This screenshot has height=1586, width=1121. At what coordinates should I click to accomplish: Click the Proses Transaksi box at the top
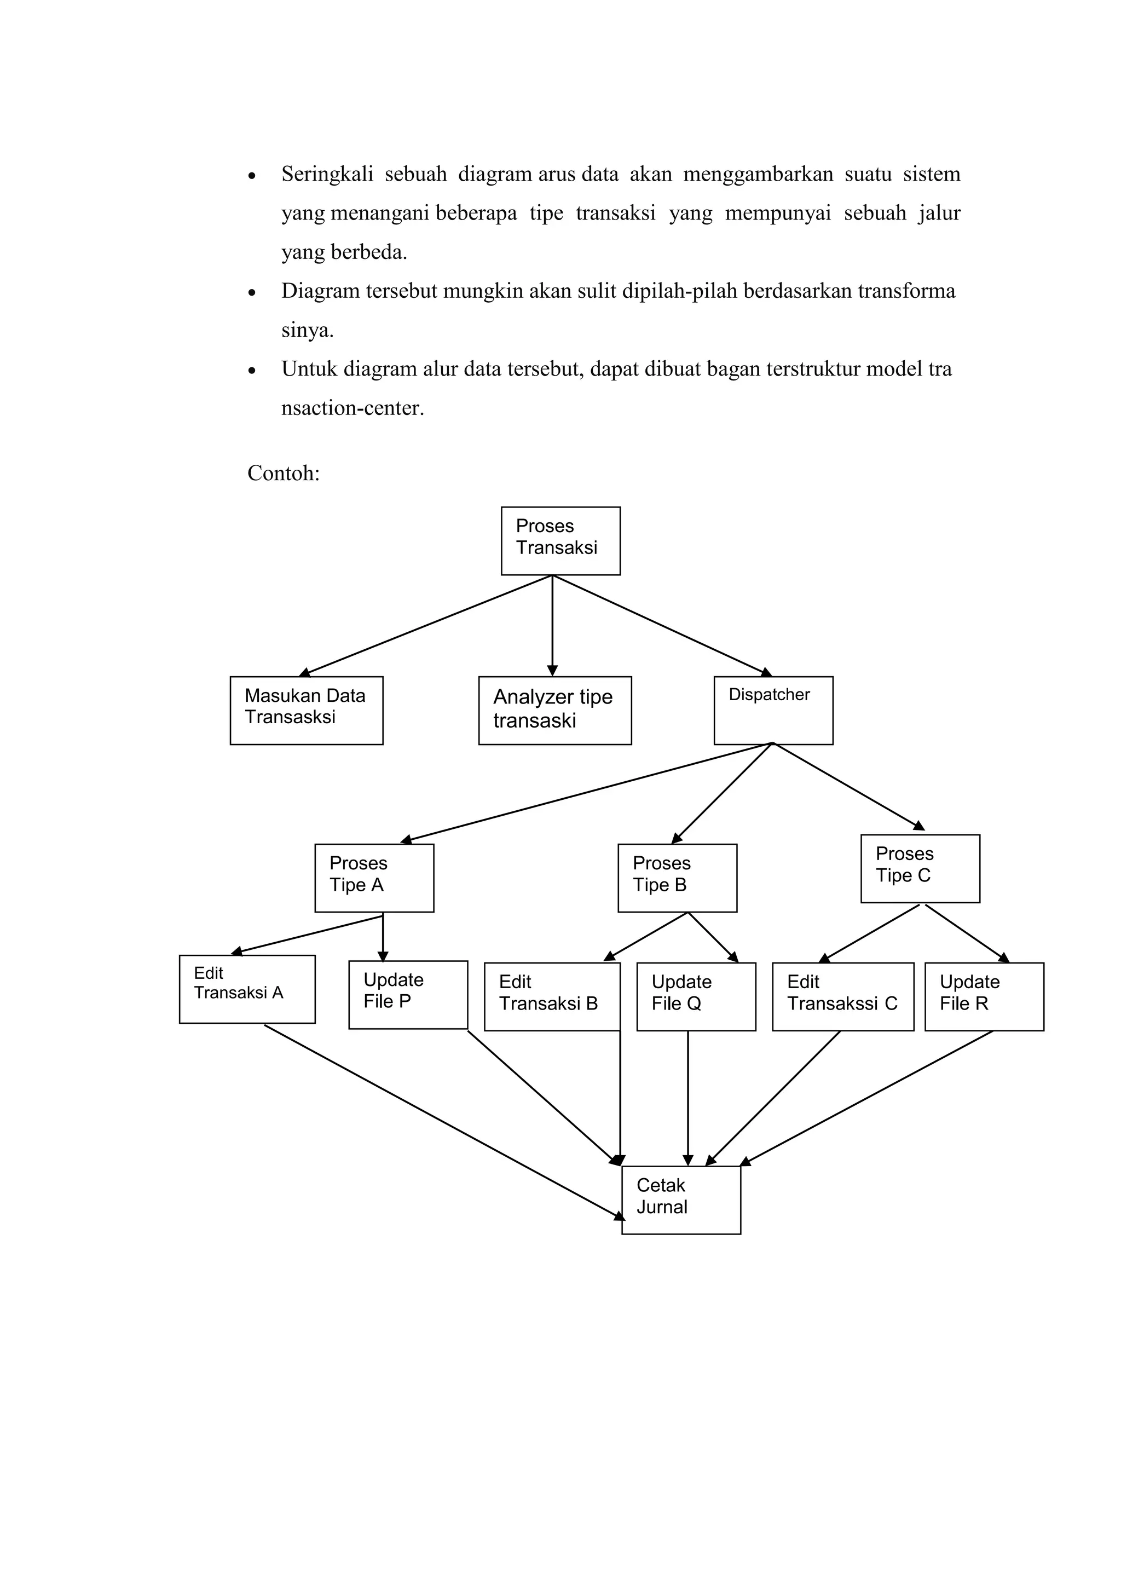pyautogui.click(x=560, y=540)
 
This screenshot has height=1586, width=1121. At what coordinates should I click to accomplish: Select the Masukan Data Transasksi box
pyautogui.click(x=306, y=710)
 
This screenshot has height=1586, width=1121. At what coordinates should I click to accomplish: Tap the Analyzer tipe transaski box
pyautogui.click(x=554, y=710)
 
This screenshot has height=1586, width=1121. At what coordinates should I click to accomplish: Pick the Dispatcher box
pyautogui.click(x=773, y=710)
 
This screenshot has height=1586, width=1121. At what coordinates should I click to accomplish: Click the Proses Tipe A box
pyautogui.click(x=374, y=877)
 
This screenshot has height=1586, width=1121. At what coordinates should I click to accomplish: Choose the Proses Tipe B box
pyautogui.click(x=677, y=877)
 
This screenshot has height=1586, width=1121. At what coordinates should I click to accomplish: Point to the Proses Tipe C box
pyautogui.click(x=920, y=868)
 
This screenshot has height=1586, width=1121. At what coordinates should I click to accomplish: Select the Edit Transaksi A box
pyautogui.click(x=246, y=989)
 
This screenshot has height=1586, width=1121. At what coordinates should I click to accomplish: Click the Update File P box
pyautogui.click(x=407, y=995)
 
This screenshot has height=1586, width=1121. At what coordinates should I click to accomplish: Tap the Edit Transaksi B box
pyautogui.click(x=552, y=997)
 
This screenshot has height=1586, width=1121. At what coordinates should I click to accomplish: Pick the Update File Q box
pyautogui.click(x=696, y=997)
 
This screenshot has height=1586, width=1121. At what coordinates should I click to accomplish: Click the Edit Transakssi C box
pyautogui.click(x=842, y=997)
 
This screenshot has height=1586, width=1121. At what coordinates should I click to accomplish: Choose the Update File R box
pyautogui.click(x=984, y=997)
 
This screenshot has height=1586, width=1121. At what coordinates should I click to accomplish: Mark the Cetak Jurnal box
pyautogui.click(x=680, y=1200)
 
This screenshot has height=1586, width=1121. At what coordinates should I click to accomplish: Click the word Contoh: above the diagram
pyautogui.click(x=283, y=473)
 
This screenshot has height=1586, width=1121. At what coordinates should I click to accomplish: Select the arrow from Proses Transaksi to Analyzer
pyautogui.click(x=552, y=625)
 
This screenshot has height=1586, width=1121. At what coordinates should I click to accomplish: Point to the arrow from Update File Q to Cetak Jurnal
pyautogui.click(x=687, y=1098)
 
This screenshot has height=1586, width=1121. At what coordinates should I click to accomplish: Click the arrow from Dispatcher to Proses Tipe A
pyautogui.click(x=587, y=792)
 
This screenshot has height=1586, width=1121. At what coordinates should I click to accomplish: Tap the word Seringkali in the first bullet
pyautogui.click(x=327, y=174)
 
